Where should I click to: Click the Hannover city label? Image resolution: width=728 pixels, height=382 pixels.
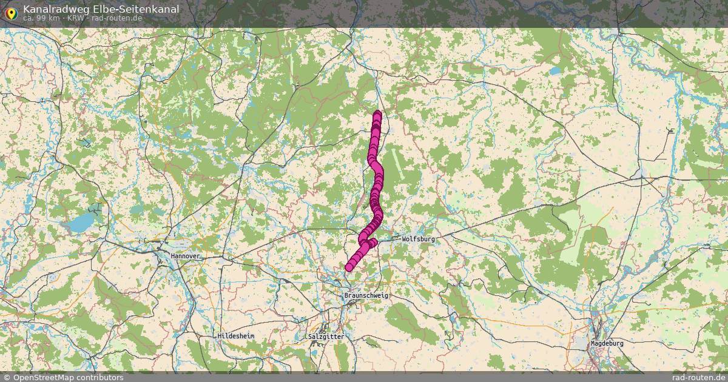click(x=185, y=256)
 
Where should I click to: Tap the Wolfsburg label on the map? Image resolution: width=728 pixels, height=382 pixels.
click(x=418, y=239)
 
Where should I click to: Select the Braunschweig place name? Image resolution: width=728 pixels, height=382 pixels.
click(x=365, y=295)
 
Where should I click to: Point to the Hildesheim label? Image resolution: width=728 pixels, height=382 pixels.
click(x=236, y=335)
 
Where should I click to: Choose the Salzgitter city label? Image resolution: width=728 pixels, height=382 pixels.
click(x=326, y=336)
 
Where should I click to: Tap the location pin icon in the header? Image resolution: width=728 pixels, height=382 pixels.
click(x=10, y=12)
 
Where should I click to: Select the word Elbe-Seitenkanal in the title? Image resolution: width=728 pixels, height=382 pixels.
click(x=136, y=8)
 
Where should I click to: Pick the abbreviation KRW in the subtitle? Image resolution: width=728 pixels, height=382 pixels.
click(x=76, y=18)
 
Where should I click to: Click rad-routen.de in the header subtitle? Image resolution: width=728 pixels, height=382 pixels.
click(x=117, y=18)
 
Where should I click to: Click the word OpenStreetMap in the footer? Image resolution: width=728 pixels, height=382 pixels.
click(x=42, y=377)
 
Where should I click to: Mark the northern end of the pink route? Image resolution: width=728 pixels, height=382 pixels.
click(x=377, y=113)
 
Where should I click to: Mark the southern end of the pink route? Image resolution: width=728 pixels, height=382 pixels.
click(x=349, y=267)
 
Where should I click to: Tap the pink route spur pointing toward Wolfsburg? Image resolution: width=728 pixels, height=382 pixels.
click(x=372, y=243)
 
